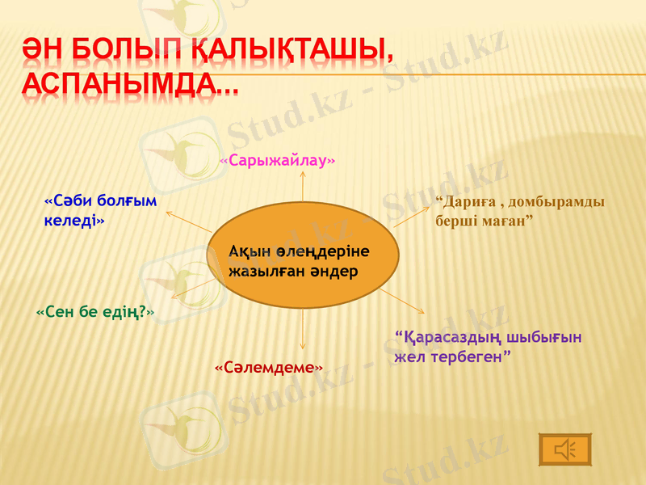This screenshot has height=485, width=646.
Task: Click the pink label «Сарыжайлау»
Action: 278,160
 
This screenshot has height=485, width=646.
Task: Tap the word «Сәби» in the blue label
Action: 69,200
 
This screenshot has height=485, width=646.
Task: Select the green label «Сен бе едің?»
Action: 95,310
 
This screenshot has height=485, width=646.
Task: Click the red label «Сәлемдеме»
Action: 269,368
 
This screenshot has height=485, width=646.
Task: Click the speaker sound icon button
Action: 564,449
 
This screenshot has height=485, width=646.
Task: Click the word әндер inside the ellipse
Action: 332,272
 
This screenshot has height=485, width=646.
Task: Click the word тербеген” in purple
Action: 469,356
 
